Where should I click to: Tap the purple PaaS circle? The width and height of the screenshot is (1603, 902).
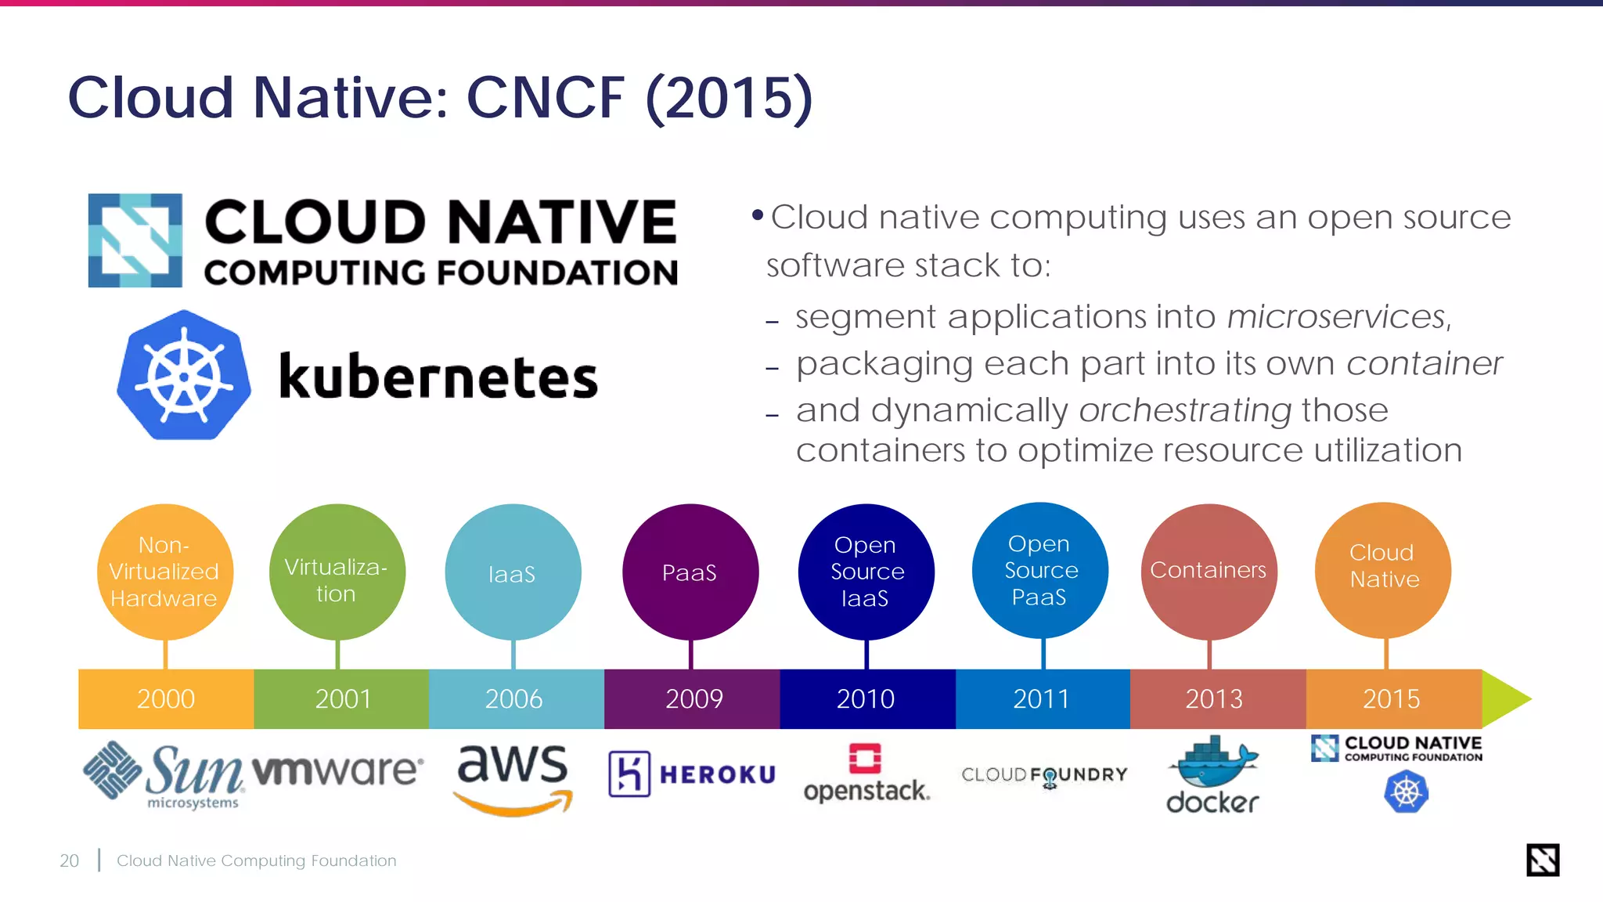pos(690,572)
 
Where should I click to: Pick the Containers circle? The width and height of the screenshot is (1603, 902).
pos(1209,571)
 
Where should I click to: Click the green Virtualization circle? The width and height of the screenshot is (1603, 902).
pos(337,572)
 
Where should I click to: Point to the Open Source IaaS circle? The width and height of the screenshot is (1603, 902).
pos(866,572)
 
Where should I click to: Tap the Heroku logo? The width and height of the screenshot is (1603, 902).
pos(692,774)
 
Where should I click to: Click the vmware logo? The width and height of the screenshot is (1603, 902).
pos(337,770)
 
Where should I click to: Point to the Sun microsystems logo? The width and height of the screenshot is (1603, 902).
pos(164,774)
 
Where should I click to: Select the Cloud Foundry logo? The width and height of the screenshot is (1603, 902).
pos(1044,775)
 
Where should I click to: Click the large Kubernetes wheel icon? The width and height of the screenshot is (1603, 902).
pos(185,376)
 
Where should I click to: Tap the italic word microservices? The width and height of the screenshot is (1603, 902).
pos(1338,317)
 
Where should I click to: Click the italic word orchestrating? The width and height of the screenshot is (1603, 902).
pos(1185,410)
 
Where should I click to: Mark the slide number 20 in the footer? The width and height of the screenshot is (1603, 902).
pos(69,861)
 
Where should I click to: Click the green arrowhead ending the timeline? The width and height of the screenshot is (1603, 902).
pos(1505,698)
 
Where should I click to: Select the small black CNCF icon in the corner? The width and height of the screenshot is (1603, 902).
pos(1542,860)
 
